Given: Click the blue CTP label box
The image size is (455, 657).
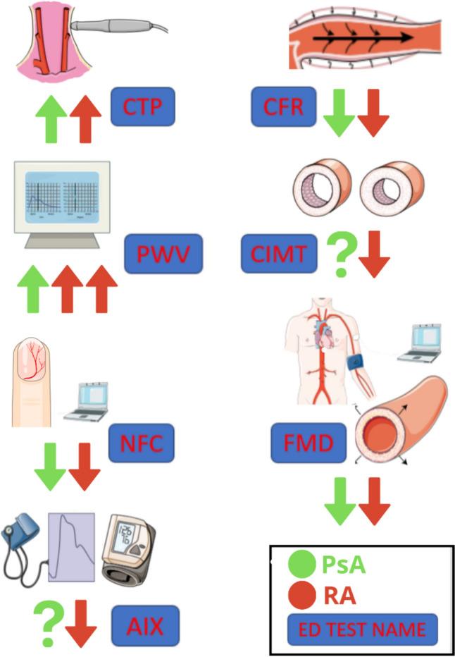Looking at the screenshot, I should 143,106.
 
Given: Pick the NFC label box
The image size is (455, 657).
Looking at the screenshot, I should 141,444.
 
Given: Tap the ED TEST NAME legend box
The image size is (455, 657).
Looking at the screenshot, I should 362,629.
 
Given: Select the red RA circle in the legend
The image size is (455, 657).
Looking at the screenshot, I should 302,596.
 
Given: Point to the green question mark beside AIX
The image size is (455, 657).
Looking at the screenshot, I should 47,622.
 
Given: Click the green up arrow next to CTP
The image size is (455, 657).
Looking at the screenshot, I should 51,121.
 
